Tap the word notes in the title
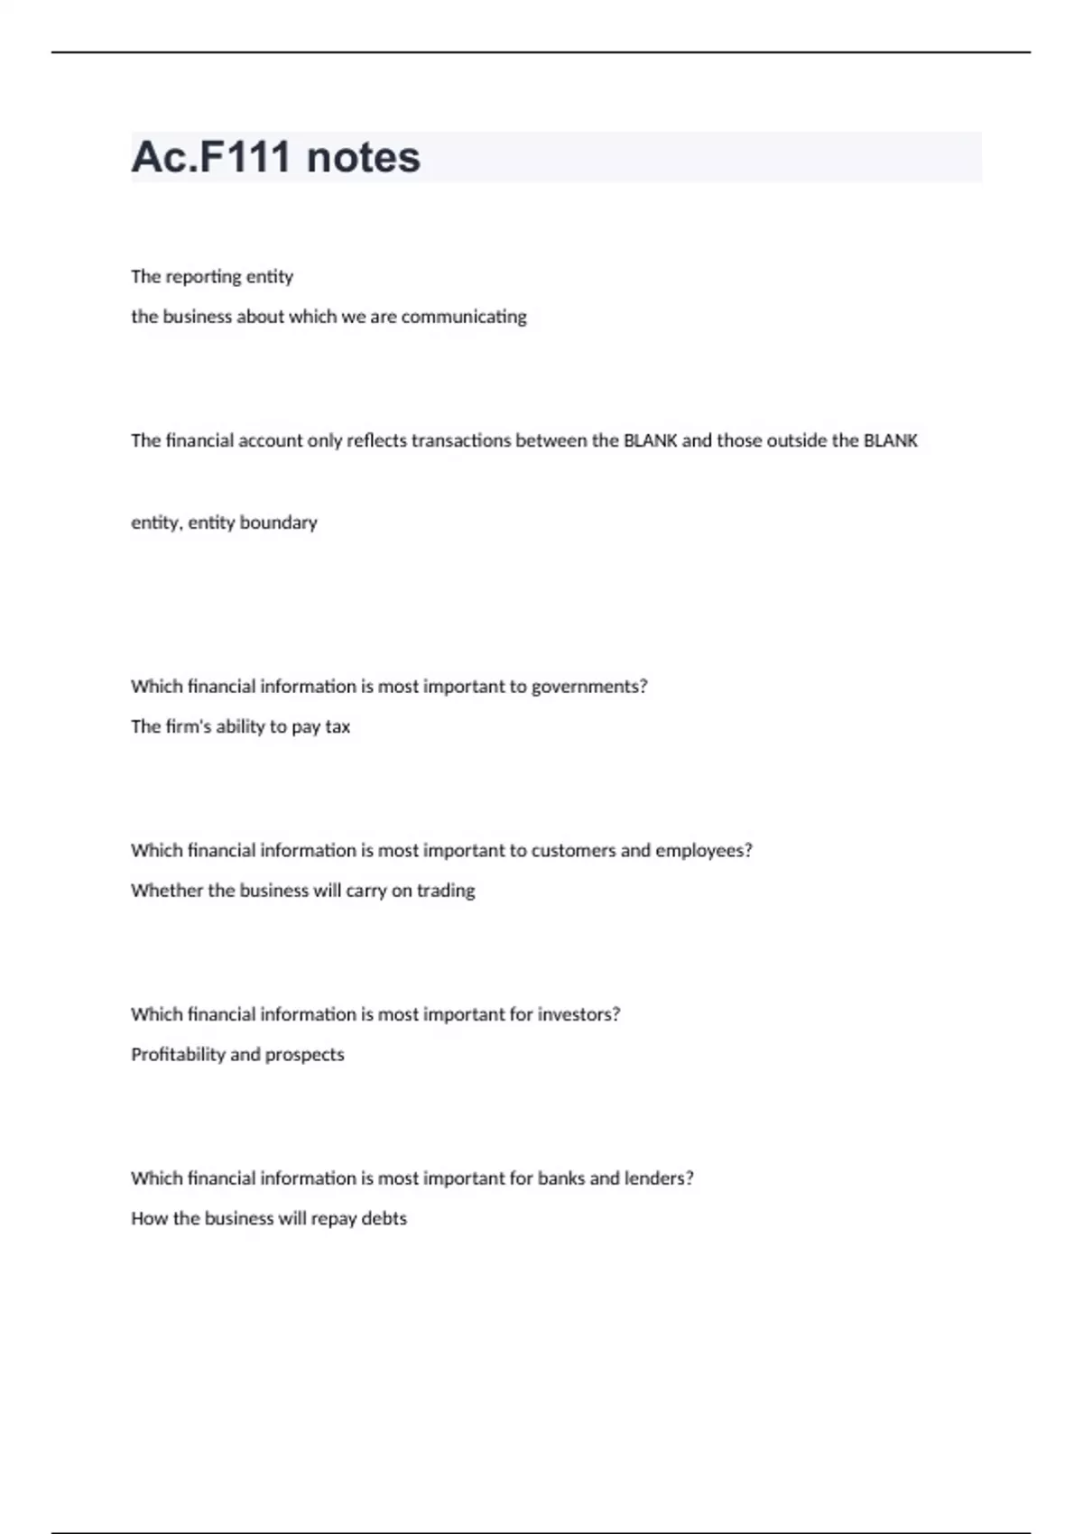[x=363, y=157]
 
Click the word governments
[x=588, y=687]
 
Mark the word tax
[x=338, y=726]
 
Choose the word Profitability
[x=178, y=1055]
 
